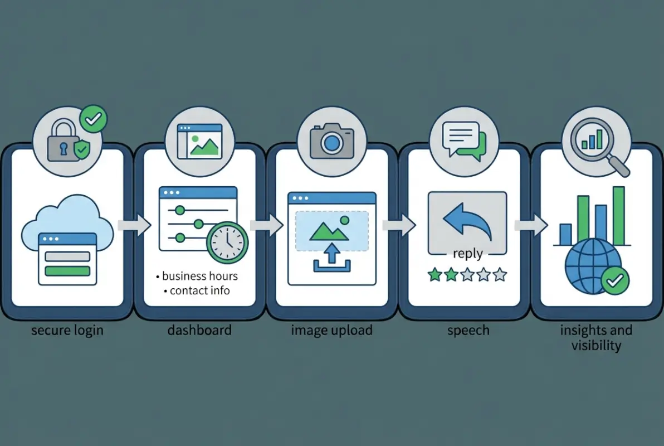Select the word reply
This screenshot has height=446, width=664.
click(x=467, y=254)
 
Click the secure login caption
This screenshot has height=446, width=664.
click(x=67, y=330)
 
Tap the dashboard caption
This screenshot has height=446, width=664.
click(x=199, y=330)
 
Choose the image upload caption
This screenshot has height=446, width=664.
click(x=331, y=330)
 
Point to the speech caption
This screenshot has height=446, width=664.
click(x=468, y=330)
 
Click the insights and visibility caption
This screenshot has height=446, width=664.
click(x=596, y=337)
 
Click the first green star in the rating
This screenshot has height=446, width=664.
click(x=434, y=274)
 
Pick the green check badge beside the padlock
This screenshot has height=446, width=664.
click(x=93, y=119)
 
